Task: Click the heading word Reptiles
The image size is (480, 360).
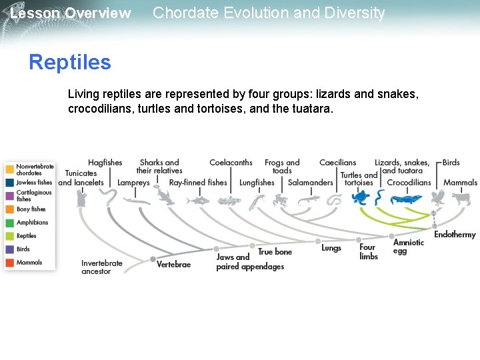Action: click(69, 62)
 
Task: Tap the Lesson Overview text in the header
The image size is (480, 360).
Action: click(70, 13)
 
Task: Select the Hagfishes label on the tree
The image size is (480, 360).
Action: click(105, 163)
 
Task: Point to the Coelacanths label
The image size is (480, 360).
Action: click(231, 163)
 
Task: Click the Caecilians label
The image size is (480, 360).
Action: click(337, 163)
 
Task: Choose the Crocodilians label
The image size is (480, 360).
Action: click(409, 183)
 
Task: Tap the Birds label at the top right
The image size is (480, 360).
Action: click(451, 163)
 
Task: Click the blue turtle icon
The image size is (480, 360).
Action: click(361, 198)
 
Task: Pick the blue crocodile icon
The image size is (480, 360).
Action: click(406, 199)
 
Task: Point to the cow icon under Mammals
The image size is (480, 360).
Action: click(461, 198)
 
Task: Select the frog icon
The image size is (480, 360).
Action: click(280, 199)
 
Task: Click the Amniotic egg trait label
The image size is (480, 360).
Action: click(408, 247)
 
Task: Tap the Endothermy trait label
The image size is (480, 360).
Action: click(455, 235)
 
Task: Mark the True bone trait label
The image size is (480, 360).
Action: click(275, 252)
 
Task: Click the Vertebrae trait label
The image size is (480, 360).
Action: click(173, 265)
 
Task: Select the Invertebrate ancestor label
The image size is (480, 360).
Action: click(102, 267)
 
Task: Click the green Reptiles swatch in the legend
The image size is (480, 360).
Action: click(9, 236)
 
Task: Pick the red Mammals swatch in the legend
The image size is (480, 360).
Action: click(9, 263)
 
